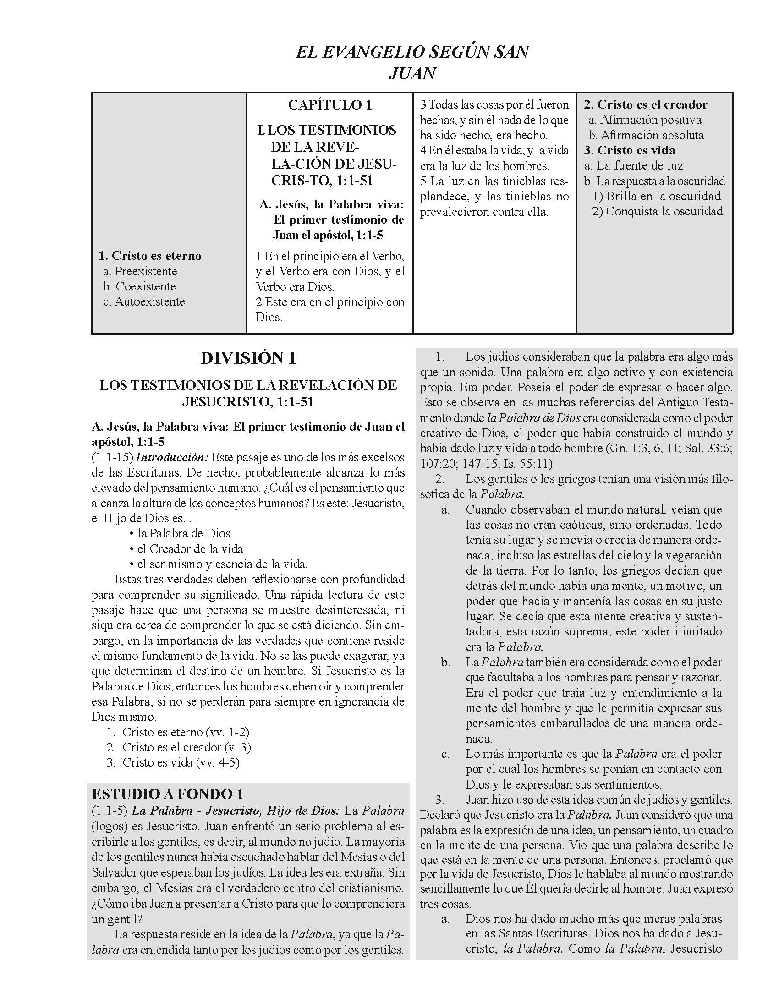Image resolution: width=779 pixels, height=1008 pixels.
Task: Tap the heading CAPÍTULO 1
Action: (x=329, y=105)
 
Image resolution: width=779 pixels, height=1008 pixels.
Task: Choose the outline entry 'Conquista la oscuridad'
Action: (x=664, y=211)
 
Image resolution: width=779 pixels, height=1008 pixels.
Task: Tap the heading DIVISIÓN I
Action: (x=248, y=358)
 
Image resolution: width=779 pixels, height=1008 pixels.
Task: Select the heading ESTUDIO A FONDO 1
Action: (x=167, y=794)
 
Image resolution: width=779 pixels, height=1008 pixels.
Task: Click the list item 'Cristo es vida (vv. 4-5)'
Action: (x=181, y=762)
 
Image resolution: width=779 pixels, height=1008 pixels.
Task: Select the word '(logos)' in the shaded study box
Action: (x=108, y=825)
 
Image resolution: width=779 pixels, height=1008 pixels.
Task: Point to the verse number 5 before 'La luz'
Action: (x=423, y=181)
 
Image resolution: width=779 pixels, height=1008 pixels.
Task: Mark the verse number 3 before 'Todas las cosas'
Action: (x=423, y=105)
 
